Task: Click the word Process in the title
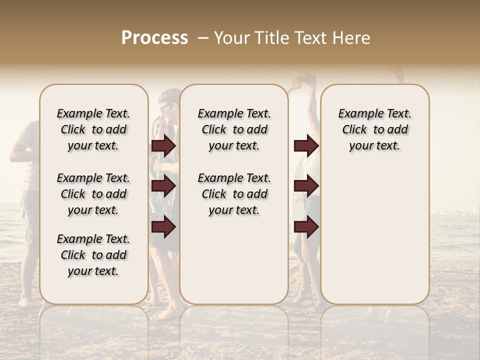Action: point(154,38)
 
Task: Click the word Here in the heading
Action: point(351,38)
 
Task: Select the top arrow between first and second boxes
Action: point(163,145)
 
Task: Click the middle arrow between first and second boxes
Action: point(163,186)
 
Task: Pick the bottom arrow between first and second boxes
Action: point(163,227)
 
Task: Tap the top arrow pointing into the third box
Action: point(306,145)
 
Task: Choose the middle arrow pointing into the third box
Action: point(306,186)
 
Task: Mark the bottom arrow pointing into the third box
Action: point(306,227)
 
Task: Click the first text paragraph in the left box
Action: point(93,129)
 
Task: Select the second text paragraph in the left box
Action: point(93,194)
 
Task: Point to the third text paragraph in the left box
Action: point(93,255)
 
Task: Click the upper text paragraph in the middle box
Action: point(234,129)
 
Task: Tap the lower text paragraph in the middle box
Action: point(234,194)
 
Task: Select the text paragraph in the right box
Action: point(375,129)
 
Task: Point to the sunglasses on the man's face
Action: point(164,107)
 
